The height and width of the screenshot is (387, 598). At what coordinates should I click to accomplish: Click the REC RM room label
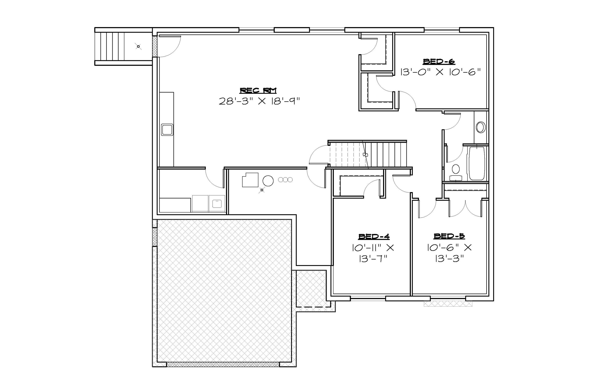[x=258, y=90]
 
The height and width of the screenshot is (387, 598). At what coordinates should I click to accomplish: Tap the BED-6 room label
[x=439, y=61]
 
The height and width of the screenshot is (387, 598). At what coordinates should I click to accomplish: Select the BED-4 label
[x=374, y=236]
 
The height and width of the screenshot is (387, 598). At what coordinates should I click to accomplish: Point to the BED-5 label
[x=449, y=236]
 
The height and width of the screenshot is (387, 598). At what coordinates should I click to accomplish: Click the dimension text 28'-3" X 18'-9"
[x=260, y=101]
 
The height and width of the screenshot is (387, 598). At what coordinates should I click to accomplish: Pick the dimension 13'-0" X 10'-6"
[x=440, y=72]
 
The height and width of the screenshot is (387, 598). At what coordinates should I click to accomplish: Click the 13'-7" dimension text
[x=373, y=259]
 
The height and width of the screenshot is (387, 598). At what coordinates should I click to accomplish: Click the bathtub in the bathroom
[x=476, y=163]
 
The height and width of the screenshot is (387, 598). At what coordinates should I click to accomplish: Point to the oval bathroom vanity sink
[x=481, y=127]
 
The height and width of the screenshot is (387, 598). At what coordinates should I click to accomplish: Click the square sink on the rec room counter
[x=167, y=130]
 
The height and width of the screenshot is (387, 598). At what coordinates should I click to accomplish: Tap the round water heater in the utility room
[x=268, y=181]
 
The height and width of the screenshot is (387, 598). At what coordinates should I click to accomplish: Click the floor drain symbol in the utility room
[x=262, y=190]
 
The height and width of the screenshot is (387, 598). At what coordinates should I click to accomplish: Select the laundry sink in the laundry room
[x=217, y=203]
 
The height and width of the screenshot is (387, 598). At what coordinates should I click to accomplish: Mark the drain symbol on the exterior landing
[x=138, y=47]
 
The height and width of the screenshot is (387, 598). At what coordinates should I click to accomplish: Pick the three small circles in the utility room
[x=285, y=180]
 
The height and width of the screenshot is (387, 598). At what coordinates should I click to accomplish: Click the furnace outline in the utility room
[x=250, y=180]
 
